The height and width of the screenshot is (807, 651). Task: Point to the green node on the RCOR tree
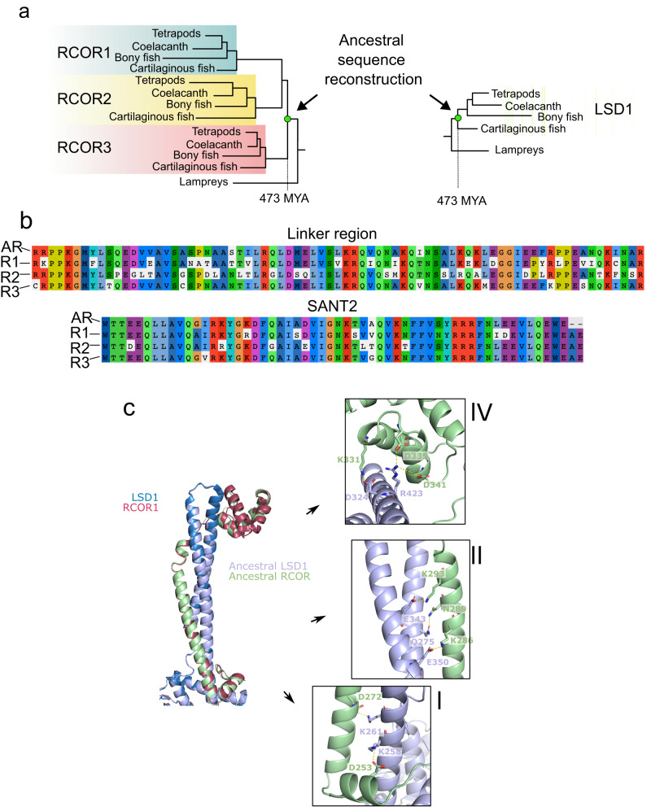[x=288, y=120]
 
